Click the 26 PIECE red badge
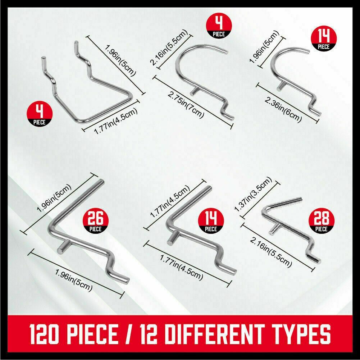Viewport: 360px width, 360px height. [x=96, y=221]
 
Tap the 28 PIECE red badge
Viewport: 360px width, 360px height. [x=322, y=221]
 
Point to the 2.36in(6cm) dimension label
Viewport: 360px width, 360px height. [x=283, y=110]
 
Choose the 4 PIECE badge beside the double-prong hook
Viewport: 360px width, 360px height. [x=40, y=114]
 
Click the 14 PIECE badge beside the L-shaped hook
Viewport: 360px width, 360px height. [x=211, y=221]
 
